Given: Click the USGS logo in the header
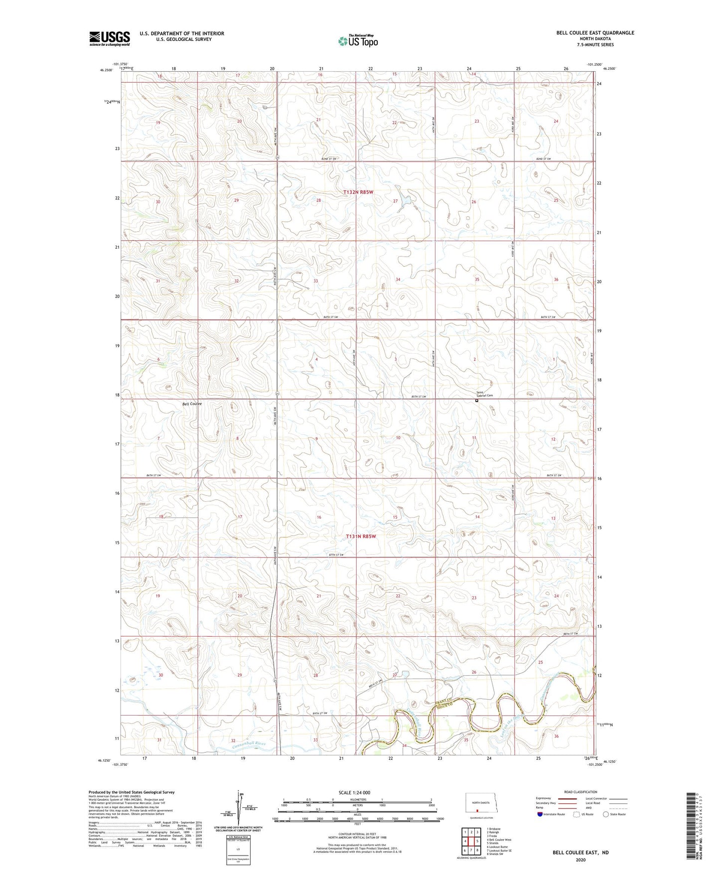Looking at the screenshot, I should [x=110, y=38].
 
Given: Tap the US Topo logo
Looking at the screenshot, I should [x=357, y=41].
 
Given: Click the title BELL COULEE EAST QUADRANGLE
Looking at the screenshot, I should [x=595, y=33].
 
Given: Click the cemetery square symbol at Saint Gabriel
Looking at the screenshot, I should [x=476, y=400].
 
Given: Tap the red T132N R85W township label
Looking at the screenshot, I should [x=358, y=192].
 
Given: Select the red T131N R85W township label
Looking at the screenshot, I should [x=360, y=537].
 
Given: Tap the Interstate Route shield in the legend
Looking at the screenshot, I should [x=540, y=814].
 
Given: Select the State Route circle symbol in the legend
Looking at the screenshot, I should [x=605, y=814].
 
